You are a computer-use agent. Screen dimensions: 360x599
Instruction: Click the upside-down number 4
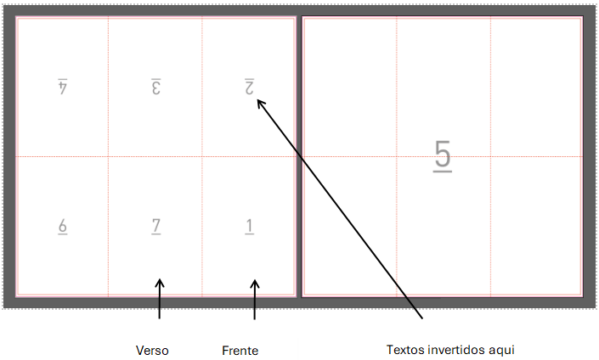pyautogui.click(x=62, y=87)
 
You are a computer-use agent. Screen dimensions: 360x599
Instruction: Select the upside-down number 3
pyautogui.click(x=155, y=87)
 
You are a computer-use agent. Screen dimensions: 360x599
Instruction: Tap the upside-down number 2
pyautogui.click(x=250, y=87)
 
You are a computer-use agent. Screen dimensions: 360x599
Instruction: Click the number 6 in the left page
pyautogui.click(x=62, y=225)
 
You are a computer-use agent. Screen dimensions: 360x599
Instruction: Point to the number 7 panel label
pyautogui.click(x=155, y=225)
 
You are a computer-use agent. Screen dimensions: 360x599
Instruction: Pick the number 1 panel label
pyautogui.click(x=249, y=225)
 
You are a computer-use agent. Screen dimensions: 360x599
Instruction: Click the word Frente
pyautogui.click(x=240, y=350)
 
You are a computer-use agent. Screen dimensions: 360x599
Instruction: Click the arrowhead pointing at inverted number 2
pyautogui.click(x=260, y=103)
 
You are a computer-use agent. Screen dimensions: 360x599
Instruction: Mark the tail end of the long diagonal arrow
pyautogui.click(x=422, y=319)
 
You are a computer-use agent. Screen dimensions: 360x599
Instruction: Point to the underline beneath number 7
pyautogui.click(x=155, y=234)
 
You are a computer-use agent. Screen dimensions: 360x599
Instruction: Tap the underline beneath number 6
pyautogui.click(x=62, y=234)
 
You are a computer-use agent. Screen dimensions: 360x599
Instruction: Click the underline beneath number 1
pyautogui.click(x=249, y=234)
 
